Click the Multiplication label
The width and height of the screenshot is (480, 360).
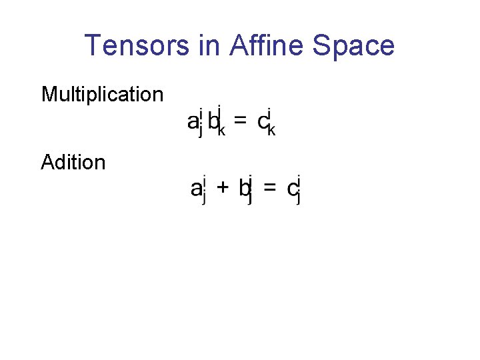[x=102, y=95]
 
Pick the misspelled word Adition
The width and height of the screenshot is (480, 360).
[x=73, y=162]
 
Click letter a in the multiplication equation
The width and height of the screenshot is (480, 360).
[x=192, y=122]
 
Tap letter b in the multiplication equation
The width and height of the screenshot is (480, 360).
[x=213, y=121]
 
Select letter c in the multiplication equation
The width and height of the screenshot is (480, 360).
[x=262, y=122]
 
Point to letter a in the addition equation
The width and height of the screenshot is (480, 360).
[x=196, y=189]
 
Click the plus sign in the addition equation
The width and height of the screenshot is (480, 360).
[x=224, y=189]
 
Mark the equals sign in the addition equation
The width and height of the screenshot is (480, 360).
[x=270, y=189]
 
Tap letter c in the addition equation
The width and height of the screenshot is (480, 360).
[x=292, y=190]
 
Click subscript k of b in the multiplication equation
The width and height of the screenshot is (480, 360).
[x=221, y=131]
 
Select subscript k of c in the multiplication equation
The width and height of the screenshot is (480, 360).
[x=271, y=131]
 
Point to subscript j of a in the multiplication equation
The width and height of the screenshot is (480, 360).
[x=200, y=132]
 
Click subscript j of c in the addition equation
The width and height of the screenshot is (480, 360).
[x=299, y=199]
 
